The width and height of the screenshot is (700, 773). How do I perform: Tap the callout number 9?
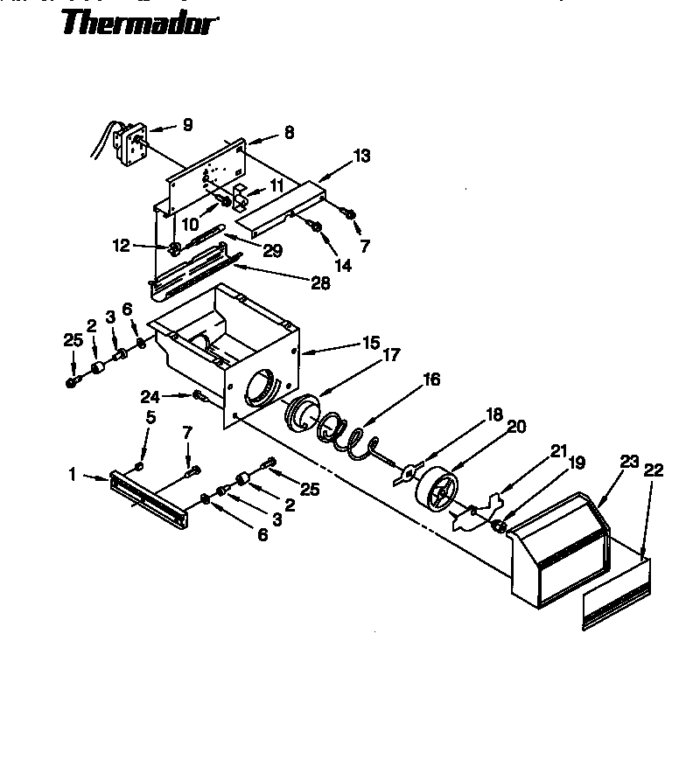tap(186, 125)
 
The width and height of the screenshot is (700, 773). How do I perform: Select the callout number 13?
tap(361, 157)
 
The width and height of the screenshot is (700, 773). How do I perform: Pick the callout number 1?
tap(73, 476)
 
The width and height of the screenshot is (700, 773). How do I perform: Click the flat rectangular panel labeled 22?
tap(617, 595)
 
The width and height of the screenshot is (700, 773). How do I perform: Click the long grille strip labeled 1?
tap(148, 497)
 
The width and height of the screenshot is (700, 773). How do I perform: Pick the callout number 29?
tap(272, 251)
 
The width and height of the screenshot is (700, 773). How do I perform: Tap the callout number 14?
tap(343, 264)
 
